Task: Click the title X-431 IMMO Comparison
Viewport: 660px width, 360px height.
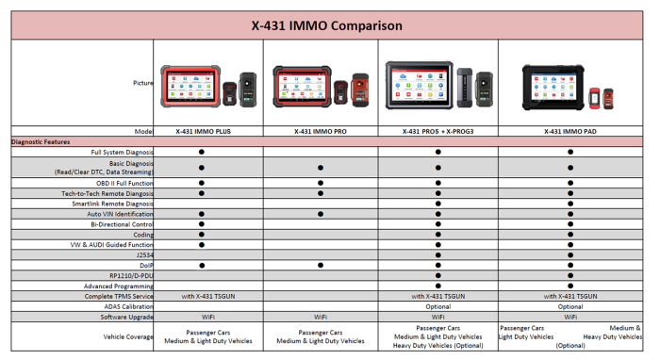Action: pos(327,25)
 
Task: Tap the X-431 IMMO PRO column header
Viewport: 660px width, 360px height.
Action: pos(321,132)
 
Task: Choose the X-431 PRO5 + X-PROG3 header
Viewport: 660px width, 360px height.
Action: pos(437,132)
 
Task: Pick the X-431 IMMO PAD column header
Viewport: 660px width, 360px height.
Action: pos(569,132)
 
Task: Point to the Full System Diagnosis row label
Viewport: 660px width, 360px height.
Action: pos(122,152)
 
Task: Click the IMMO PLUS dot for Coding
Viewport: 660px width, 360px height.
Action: pos(202,235)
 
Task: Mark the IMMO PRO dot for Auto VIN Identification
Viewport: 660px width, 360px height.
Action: pos(321,214)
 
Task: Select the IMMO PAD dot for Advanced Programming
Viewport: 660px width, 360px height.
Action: pos(569,286)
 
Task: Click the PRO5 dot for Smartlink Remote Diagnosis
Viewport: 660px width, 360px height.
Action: pos(437,204)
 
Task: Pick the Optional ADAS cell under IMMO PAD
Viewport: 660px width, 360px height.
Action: pos(569,306)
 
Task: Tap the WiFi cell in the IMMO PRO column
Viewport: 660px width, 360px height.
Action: pos(321,317)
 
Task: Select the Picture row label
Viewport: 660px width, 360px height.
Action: pos(142,83)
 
